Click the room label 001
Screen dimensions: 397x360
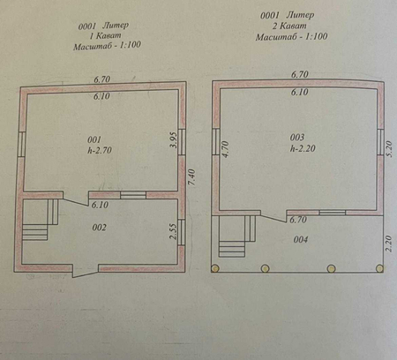pyautogui.click(x=94, y=139)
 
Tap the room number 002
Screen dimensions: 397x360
pyautogui.click(x=99, y=228)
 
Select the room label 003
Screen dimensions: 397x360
pyautogui.click(x=297, y=137)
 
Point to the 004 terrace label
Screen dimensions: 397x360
pyautogui.click(x=301, y=239)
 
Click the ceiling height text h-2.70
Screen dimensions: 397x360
pyautogui.click(x=100, y=150)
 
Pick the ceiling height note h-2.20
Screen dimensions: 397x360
pyautogui.click(x=303, y=148)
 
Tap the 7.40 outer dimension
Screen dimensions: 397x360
pyautogui.click(x=191, y=177)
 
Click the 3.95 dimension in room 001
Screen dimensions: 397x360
pyautogui.click(x=174, y=140)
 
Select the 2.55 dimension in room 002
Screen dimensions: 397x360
pyautogui.click(x=174, y=232)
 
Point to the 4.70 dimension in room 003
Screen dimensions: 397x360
pyautogui.click(x=225, y=149)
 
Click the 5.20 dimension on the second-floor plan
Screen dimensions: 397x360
pyautogui.click(x=389, y=149)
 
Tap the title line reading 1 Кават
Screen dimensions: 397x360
pyautogui.click(x=105, y=36)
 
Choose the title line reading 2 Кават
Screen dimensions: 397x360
pyautogui.click(x=289, y=26)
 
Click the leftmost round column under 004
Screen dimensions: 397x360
pyautogui.click(x=215, y=268)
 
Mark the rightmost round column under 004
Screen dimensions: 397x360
pyautogui.click(x=379, y=268)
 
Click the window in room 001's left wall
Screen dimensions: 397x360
pyautogui.click(x=21, y=144)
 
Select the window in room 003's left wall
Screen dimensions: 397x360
pyautogui.click(x=216, y=142)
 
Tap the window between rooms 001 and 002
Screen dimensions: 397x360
pyautogui.click(x=133, y=195)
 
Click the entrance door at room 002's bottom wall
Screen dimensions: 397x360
pyautogui.click(x=86, y=271)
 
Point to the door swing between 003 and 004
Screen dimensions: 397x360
pyautogui.click(x=273, y=216)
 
